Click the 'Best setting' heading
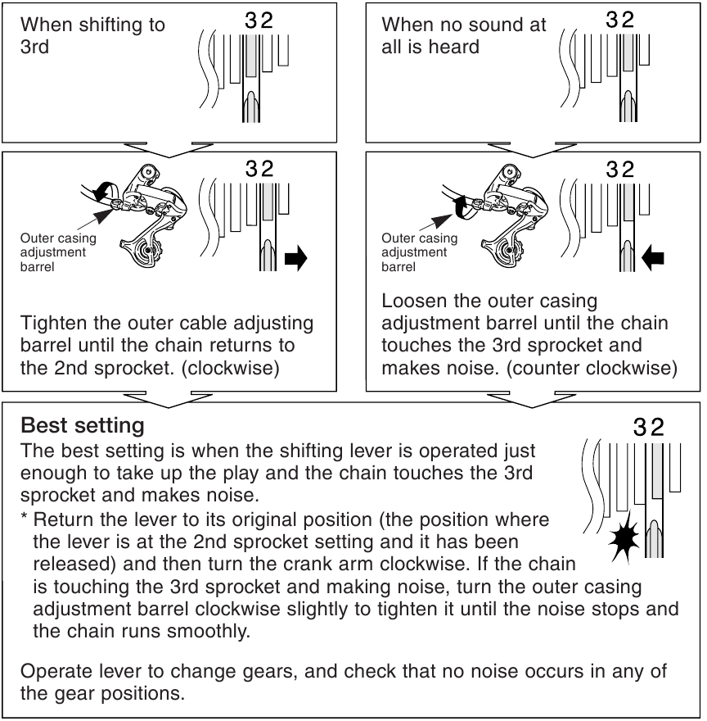(x=83, y=426)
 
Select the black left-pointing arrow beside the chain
(x=653, y=261)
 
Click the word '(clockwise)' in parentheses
(x=234, y=368)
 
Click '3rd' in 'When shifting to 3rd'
(x=34, y=47)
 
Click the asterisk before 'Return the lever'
(x=25, y=519)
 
